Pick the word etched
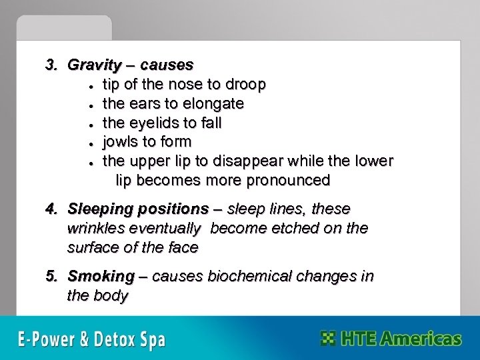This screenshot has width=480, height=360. [281, 228]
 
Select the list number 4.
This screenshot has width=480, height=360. [49, 209]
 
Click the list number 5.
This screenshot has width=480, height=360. [49, 277]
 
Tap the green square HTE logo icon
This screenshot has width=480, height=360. [327, 338]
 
